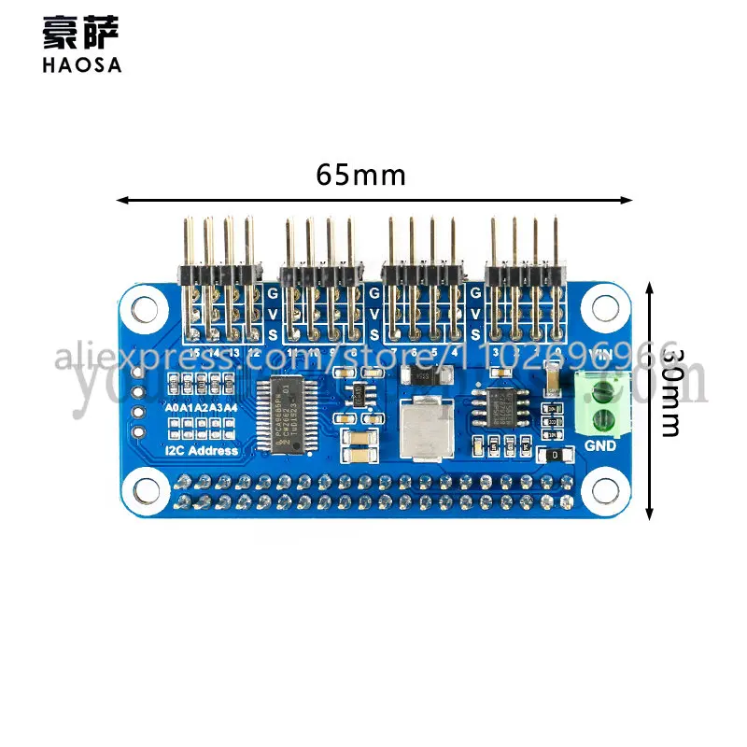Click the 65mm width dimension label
point(360,175)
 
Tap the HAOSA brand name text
point(81,64)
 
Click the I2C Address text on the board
point(201,451)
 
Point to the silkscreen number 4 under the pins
point(455,354)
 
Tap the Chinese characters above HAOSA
point(81,33)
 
